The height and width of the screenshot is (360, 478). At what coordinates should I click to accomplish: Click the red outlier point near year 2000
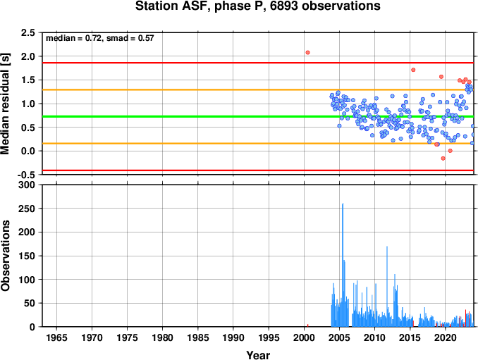(307, 52)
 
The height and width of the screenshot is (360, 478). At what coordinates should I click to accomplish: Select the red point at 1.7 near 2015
(413, 70)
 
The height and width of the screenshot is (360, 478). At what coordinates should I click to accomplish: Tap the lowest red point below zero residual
(443, 159)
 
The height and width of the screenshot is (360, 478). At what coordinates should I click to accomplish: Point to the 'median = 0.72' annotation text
(73, 38)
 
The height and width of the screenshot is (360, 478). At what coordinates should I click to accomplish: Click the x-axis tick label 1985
(198, 337)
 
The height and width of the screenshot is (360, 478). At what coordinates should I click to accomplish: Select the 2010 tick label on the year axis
(374, 337)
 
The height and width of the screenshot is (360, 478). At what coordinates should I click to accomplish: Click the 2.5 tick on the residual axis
(27, 32)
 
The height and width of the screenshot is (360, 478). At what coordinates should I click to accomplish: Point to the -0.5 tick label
(26, 175)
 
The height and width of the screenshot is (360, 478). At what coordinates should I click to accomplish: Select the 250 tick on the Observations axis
(27, 209)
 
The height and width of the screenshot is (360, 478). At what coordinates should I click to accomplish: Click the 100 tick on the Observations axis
(27, 280)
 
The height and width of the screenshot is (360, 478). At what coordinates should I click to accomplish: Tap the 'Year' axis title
(258, 355)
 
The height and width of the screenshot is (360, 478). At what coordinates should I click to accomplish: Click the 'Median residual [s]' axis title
(5, 104)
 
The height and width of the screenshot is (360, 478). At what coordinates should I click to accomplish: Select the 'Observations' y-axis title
(5, 256)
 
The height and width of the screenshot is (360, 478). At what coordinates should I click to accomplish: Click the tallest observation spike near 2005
(343, 265)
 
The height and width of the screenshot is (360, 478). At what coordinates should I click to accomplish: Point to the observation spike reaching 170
(387, 286)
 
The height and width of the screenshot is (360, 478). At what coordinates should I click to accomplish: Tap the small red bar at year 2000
(307, 325)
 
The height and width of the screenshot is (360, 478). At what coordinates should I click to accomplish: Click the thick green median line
(258, 117)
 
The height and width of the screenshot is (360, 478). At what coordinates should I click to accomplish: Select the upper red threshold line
(258, 63)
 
